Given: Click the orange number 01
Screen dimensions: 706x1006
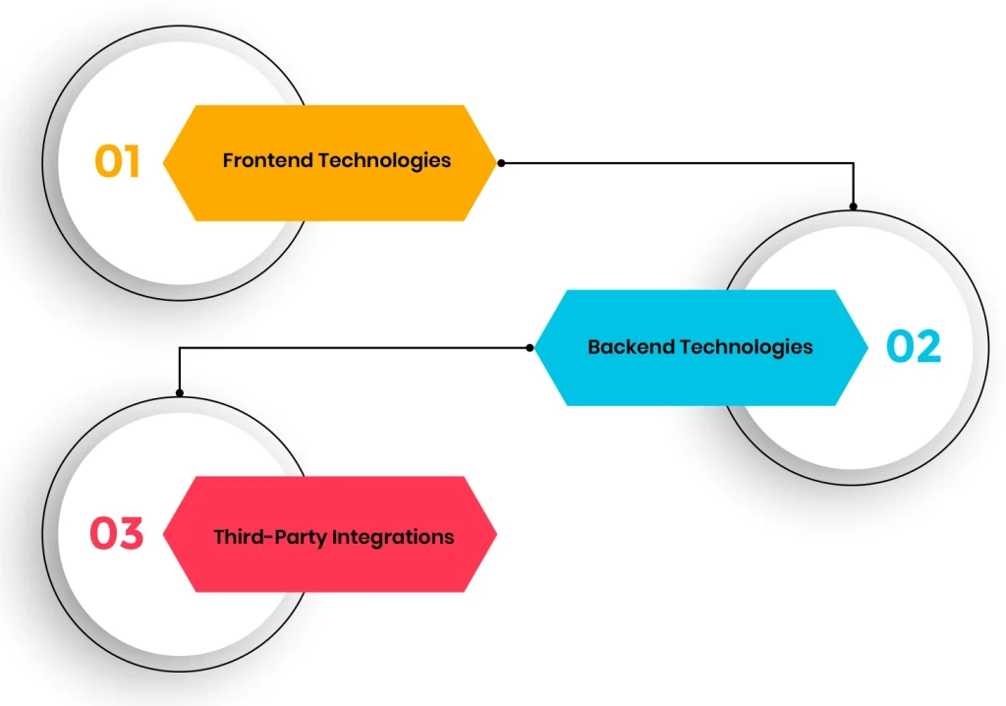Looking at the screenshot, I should coord(118,162).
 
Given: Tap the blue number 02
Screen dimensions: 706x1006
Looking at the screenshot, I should coord(914,347).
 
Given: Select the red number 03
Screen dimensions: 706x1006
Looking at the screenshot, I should coord(117,534).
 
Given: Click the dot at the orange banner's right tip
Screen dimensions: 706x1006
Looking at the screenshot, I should coord(501,163).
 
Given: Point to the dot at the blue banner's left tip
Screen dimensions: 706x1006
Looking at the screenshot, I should coord(531,347).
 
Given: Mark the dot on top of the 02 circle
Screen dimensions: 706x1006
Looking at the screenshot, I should coord(853,206).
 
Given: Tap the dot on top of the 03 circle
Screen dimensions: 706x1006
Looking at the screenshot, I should coord(179,393).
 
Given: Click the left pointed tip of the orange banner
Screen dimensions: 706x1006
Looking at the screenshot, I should coord(163,163).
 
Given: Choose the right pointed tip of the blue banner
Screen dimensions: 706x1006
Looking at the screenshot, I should coord(868,347).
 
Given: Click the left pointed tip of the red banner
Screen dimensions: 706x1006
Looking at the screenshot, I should coord(163,534).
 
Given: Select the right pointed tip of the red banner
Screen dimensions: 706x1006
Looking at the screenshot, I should coord(496,534).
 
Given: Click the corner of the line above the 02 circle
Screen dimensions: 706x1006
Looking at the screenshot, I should coord(853,163).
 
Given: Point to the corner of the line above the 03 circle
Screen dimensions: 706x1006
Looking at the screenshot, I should coord(179,347).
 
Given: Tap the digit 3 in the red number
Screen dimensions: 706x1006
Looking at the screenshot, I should coord(130,534).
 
